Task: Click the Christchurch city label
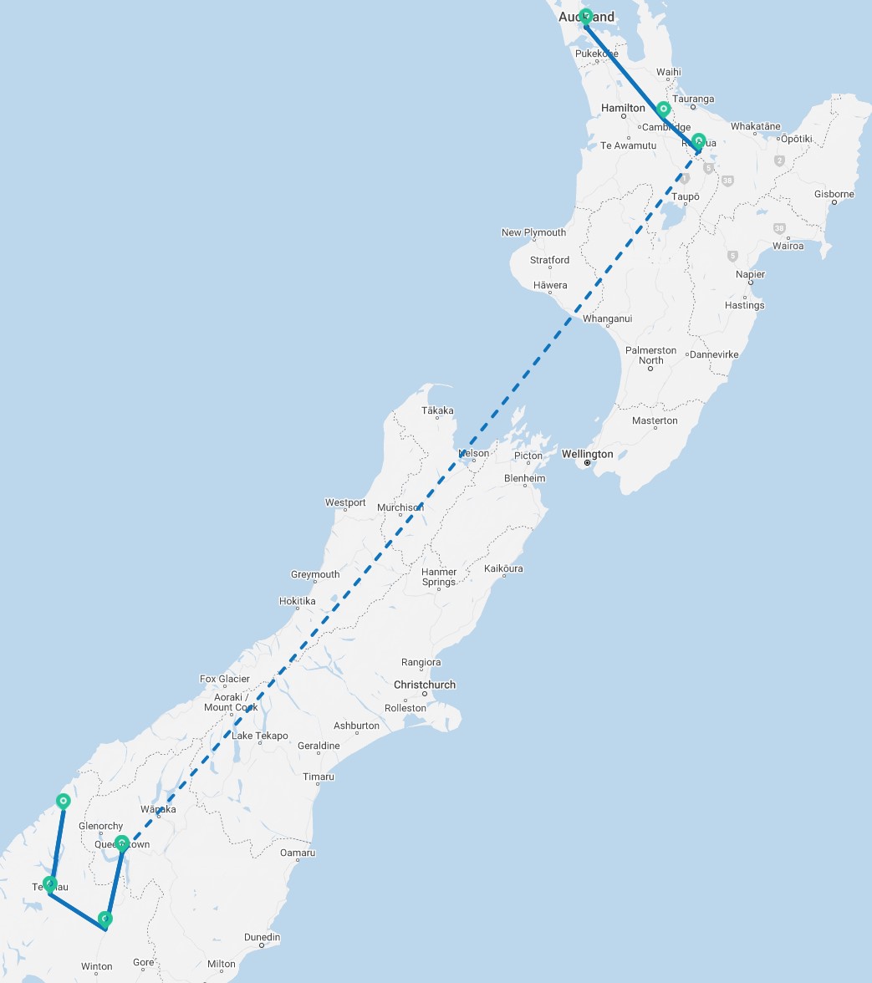(x=425, y=685)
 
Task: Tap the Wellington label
(x=587, y=454)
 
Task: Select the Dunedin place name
(x=262, y=938)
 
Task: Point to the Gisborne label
(x=834, y=195)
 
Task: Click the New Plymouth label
(x=533, y=232)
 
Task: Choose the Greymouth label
(x=315, y=574)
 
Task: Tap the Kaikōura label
(x=503, y=568)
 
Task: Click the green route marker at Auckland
(x=586, y=16)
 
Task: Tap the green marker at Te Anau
(x=51, y=883)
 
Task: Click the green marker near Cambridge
(x=663, y=109)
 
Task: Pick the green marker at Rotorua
(x=698, y=140)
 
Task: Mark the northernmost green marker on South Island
(x=64, y=801)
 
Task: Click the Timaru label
(x=319, y=777)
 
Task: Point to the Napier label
(x=750, y=274)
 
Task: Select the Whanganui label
(x=608, y=318)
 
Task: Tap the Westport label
(x=345, y=502)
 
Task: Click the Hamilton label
(x=623, y=108)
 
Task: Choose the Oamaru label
(x=298, y=853)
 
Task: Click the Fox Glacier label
(x=225, y=679)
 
